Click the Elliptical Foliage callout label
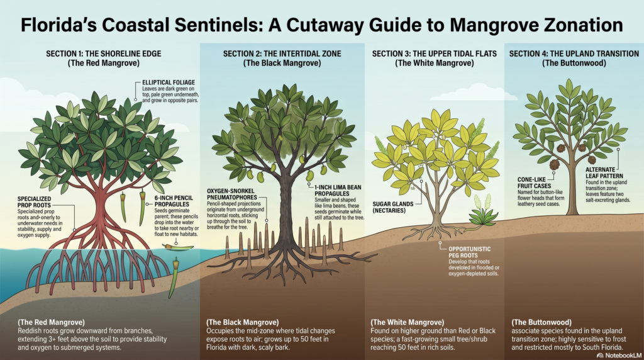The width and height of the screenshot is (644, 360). [169, 82]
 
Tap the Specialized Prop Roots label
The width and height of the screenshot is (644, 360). [34, 202]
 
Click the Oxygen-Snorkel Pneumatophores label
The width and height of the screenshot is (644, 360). [231, 194]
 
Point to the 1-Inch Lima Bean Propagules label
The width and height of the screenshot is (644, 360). [338, 190]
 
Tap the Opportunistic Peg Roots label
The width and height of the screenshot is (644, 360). [469, 252]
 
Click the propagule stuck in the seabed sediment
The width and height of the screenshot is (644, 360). [174, 278]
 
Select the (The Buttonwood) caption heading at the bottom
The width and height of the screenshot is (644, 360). [541, 322]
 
